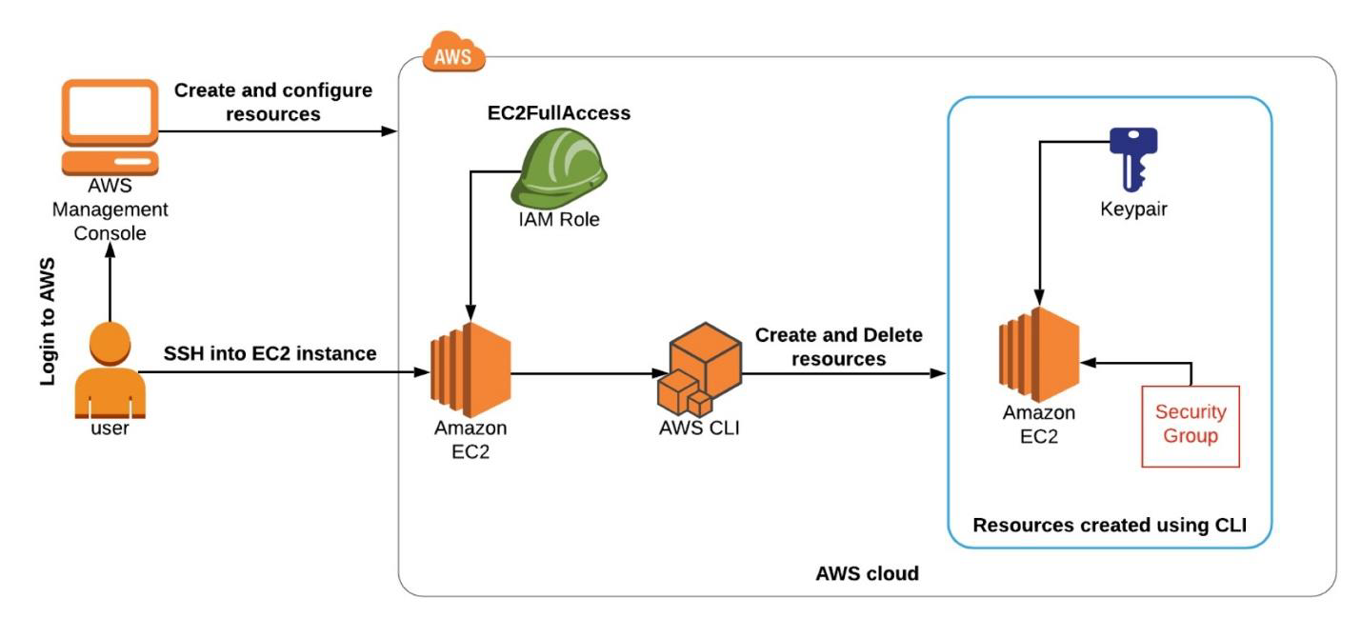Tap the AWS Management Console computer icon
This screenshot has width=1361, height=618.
tap(110, 127)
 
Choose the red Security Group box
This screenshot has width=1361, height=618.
tap(1190, 426)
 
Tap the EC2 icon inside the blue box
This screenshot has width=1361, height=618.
tap(1038, 354)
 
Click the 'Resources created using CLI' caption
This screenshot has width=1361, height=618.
tap(1110, 525)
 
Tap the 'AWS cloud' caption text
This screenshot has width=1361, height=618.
tap(867, 573)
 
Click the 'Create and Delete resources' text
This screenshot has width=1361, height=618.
tap(838, 348)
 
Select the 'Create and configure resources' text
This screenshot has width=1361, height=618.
tap(272, 101)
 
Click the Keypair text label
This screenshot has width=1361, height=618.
tap(1132, 209)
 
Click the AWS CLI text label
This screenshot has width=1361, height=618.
tap(698, 426)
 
